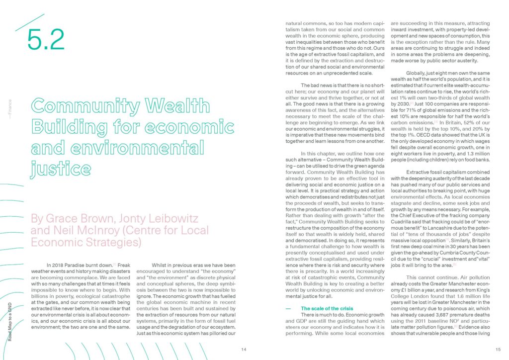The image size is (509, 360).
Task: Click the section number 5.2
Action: pos(46,40)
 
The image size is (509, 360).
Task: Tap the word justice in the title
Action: pos(57,170)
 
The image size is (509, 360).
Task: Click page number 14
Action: pos(244,350)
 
